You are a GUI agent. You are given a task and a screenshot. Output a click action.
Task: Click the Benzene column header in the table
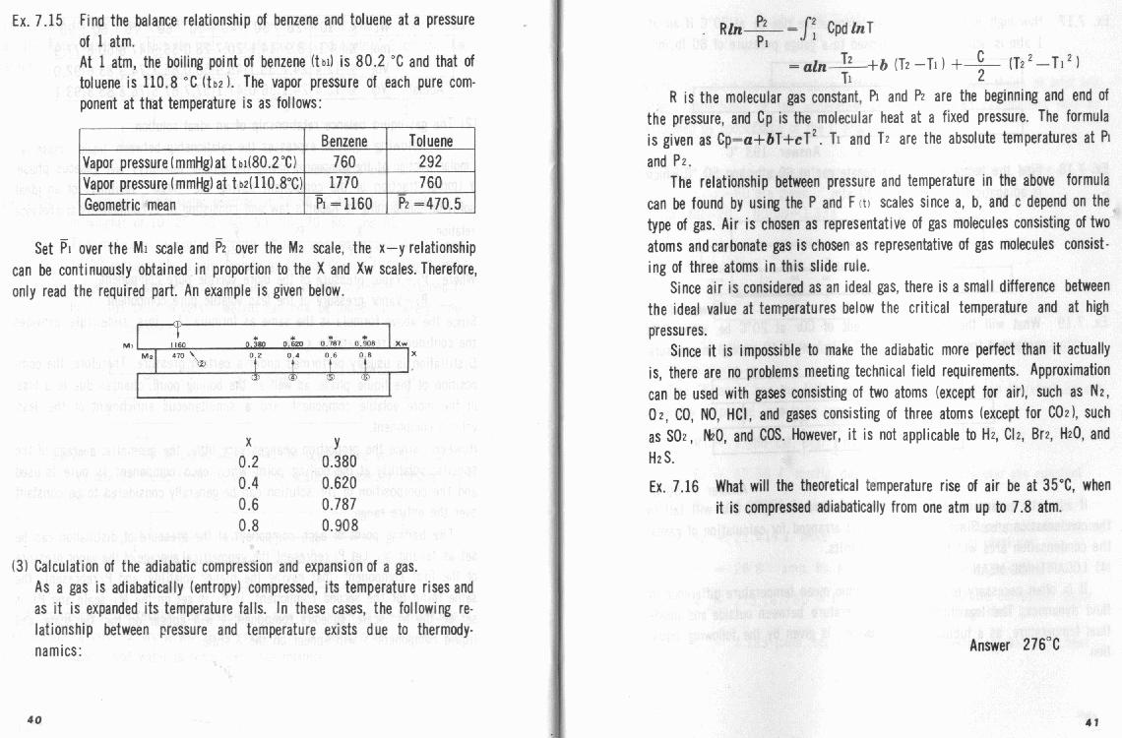click(x=343, y=141)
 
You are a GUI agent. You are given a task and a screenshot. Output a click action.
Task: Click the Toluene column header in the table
click(x=430, y=141)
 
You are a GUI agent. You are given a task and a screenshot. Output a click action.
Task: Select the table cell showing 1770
click(x=343, y=182)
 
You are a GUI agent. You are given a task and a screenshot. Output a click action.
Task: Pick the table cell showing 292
click(x=430, y=161)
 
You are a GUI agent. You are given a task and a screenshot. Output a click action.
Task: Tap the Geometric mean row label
click(x=130, y=204)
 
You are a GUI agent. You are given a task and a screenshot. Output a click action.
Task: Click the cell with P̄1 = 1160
click(x=343, y=204)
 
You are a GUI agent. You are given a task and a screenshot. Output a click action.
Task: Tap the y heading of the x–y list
click(x=337, y=443)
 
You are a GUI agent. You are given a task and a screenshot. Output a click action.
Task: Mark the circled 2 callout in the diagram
click(x=202, y=363)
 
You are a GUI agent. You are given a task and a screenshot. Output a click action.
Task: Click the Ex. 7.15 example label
click(x=40, y=20)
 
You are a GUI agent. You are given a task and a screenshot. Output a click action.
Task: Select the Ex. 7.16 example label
click(x=674, y=486)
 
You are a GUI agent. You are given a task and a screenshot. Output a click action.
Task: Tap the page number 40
click(x=33, y=719)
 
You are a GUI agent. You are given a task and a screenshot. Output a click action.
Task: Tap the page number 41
click(x=1091, y=719)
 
